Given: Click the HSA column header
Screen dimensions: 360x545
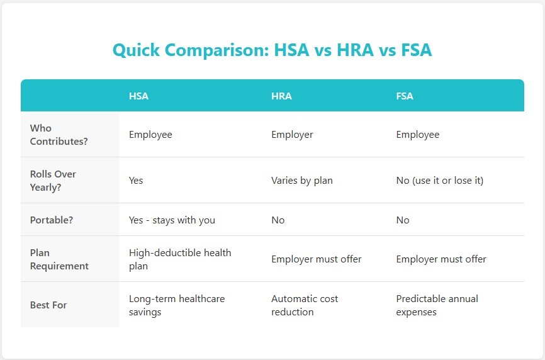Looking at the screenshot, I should pos(138,96).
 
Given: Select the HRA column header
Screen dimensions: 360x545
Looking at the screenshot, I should pos(281,96).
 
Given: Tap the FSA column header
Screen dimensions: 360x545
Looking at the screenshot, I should pos(405,96).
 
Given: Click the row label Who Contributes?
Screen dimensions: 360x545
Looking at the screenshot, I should pos(59,135).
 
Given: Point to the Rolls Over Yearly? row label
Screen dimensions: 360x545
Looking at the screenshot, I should pos(53,180).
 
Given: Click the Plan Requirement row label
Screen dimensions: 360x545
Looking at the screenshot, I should pos(59,259).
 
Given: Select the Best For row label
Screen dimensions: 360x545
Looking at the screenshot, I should pos(48,305).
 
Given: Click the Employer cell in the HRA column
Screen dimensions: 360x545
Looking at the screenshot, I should pos(292,134).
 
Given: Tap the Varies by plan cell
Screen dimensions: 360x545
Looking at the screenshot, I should pos(301,180).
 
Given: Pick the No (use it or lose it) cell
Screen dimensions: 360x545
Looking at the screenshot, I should pos(439,180).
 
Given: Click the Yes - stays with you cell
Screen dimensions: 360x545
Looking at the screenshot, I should pos(172,220).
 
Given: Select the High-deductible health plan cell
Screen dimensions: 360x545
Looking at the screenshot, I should pos(180,259).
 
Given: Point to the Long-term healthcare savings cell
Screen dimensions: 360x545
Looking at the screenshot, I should pos(177,305).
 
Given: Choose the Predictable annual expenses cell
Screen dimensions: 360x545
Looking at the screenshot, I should pos(437,305).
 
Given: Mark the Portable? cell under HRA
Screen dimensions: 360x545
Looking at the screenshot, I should pos(278,220).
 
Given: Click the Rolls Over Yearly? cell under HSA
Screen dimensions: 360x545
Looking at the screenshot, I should pos(136,180).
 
